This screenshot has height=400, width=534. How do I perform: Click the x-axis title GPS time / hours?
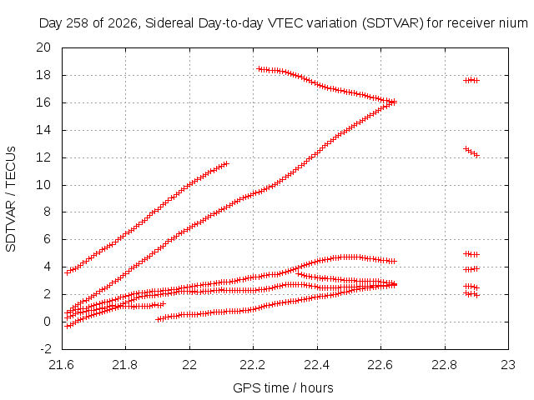[283, 387]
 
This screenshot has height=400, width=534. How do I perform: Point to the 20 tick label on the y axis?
[43, 47]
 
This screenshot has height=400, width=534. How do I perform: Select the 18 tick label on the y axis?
[43, 75]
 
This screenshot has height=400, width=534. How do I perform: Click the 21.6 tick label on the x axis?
[62, 365]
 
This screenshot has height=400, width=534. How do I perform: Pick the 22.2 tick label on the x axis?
[253, 365]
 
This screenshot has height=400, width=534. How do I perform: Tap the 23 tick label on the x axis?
[508, 365]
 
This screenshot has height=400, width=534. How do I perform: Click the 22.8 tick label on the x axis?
[445, 365]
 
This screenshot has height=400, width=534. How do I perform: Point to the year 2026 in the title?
[123, 23]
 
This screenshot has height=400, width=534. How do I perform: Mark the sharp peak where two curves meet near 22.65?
[393, 102]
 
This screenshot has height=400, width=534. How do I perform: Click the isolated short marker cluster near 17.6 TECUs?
[471, 80]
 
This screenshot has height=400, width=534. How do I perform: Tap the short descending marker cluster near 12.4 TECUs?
[471, 152]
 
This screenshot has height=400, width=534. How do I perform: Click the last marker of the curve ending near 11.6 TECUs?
[226, 163]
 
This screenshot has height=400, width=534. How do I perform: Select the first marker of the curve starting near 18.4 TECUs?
[259, 69]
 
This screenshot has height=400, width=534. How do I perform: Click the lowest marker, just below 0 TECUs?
[68, 326]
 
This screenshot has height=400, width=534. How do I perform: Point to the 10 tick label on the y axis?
[43, 185]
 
